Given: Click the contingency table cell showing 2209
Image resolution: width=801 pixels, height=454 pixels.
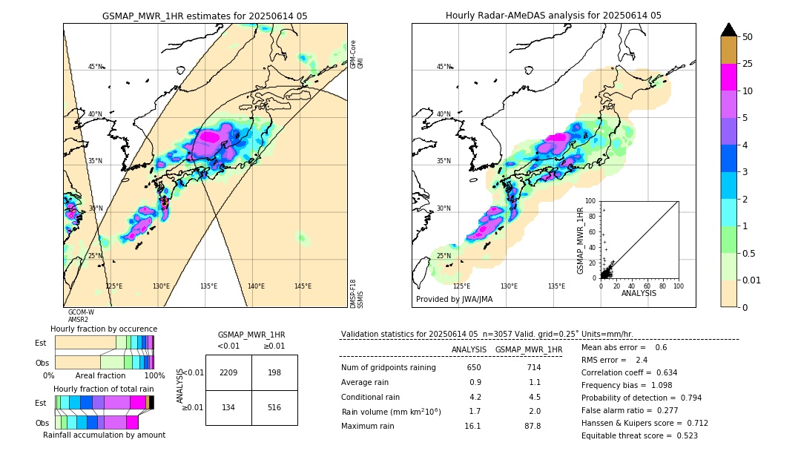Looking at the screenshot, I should [x=228, y=372].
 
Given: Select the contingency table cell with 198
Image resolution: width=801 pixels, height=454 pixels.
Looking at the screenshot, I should [x=274, y=372].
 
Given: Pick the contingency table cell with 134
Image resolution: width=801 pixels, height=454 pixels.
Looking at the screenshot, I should [x=228, y=407].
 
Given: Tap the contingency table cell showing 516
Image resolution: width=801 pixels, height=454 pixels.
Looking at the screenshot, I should [x=274, y=407].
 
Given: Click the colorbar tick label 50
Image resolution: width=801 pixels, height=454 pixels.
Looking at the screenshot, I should [x=748, y=37].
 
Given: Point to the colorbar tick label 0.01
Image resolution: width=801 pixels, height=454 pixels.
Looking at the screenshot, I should [x=752, y=280].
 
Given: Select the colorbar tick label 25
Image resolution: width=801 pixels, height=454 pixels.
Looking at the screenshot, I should [x=748, y=64].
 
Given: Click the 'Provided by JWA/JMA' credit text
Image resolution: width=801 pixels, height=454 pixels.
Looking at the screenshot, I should [x=454, y=299].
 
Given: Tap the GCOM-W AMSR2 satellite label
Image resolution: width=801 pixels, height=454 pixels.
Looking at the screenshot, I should [x=81, y=316].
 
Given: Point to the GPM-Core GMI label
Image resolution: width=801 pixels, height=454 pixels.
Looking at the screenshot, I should [x=357, y=54].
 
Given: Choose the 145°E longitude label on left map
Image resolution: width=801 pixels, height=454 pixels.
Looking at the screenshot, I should [x=303, y=286].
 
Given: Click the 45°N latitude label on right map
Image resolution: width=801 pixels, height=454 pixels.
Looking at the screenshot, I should [x=444, y=67].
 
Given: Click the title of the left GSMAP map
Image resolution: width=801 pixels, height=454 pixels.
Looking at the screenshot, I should [x=205, y=16].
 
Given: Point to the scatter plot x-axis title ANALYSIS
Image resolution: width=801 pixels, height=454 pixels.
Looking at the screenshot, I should [x=638, y=293].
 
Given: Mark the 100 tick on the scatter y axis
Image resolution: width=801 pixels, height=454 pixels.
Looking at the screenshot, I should [x=591, y=201].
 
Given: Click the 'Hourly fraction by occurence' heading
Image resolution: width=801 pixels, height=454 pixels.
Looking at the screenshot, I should [x=104, y=329].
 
